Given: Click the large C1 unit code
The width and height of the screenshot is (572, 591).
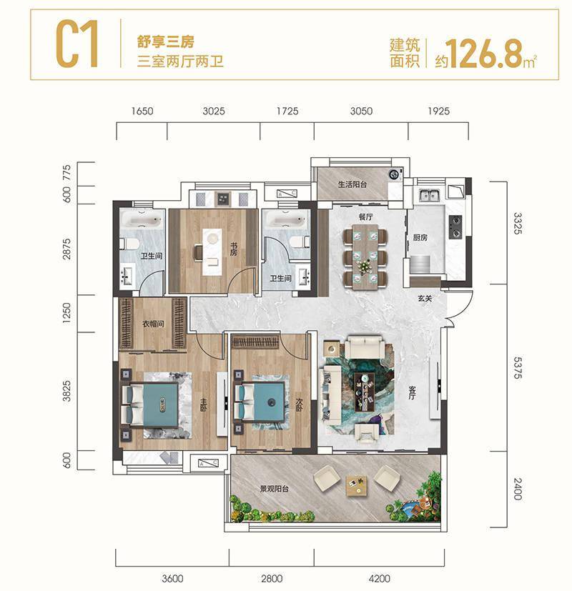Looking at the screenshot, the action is (78, 44).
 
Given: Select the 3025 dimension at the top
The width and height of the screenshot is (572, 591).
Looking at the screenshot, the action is (213, 111).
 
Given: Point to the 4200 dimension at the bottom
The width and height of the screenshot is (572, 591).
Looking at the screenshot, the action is (380, 579).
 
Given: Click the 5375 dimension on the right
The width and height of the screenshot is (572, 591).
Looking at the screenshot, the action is (518, 368).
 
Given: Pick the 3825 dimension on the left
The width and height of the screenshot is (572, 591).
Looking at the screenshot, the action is (66, 391).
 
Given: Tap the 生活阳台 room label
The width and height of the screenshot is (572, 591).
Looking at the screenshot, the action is (352, 184).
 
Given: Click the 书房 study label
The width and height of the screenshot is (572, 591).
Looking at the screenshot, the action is (234, 249).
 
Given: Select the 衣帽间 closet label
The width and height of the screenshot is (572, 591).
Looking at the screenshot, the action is (153, 324).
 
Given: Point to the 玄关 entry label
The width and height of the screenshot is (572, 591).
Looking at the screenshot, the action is (425, 299).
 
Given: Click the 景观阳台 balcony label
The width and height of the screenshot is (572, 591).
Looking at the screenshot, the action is (274, 489).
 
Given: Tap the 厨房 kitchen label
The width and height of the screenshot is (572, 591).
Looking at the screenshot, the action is (420, 237).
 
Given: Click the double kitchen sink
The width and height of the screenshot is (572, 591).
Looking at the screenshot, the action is (430, 195).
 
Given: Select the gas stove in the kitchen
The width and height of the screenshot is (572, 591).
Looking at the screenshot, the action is (455, 227).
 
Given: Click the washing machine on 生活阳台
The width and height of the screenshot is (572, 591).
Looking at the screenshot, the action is (395, 174).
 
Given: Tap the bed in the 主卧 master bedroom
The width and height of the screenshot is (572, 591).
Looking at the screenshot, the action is (151, 405).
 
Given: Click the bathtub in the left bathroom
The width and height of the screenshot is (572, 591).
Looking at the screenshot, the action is (142, 219).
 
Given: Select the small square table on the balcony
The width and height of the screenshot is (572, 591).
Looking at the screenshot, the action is (357, 486).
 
